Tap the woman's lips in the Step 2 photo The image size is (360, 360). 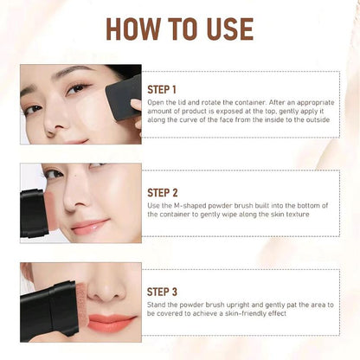[89, 227]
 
